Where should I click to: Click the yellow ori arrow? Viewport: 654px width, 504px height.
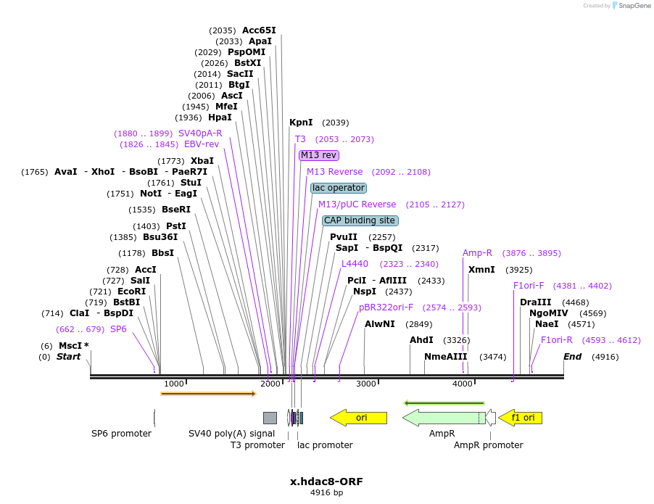(x=358, y=418)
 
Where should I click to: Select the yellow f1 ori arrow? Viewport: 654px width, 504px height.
(x=520, y=418)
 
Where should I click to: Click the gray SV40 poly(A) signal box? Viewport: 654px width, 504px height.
(x=270, y=418)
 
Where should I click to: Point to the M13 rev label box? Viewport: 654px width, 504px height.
(x=319, y=155)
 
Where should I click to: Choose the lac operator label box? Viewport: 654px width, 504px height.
(x=339, y=188)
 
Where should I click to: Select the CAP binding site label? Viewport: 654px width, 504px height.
(x=360, y=220)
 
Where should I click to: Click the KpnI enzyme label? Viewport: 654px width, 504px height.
(x=301, y=123)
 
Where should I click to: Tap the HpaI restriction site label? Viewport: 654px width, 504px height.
(x=220, y=117)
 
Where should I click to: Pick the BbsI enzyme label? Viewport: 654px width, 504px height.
(x=162, y=253)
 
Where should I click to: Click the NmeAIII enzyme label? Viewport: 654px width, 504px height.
(x=446, y=357)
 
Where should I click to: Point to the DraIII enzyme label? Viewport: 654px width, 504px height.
(x=535, y=302)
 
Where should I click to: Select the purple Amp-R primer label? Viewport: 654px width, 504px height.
(x=477, y=253)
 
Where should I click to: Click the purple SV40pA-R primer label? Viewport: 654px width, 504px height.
(x=200, y=133)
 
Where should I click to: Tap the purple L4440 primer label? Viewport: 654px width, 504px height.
(x=355, y=264)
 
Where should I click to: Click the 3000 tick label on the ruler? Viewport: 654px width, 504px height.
(x=366, y=384)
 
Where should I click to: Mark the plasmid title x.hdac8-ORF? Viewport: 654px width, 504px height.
(x=326, y=482)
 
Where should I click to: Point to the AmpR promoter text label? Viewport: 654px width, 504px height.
(x=488, y=445)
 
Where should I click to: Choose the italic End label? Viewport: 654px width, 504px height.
(x=573, y=357)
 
